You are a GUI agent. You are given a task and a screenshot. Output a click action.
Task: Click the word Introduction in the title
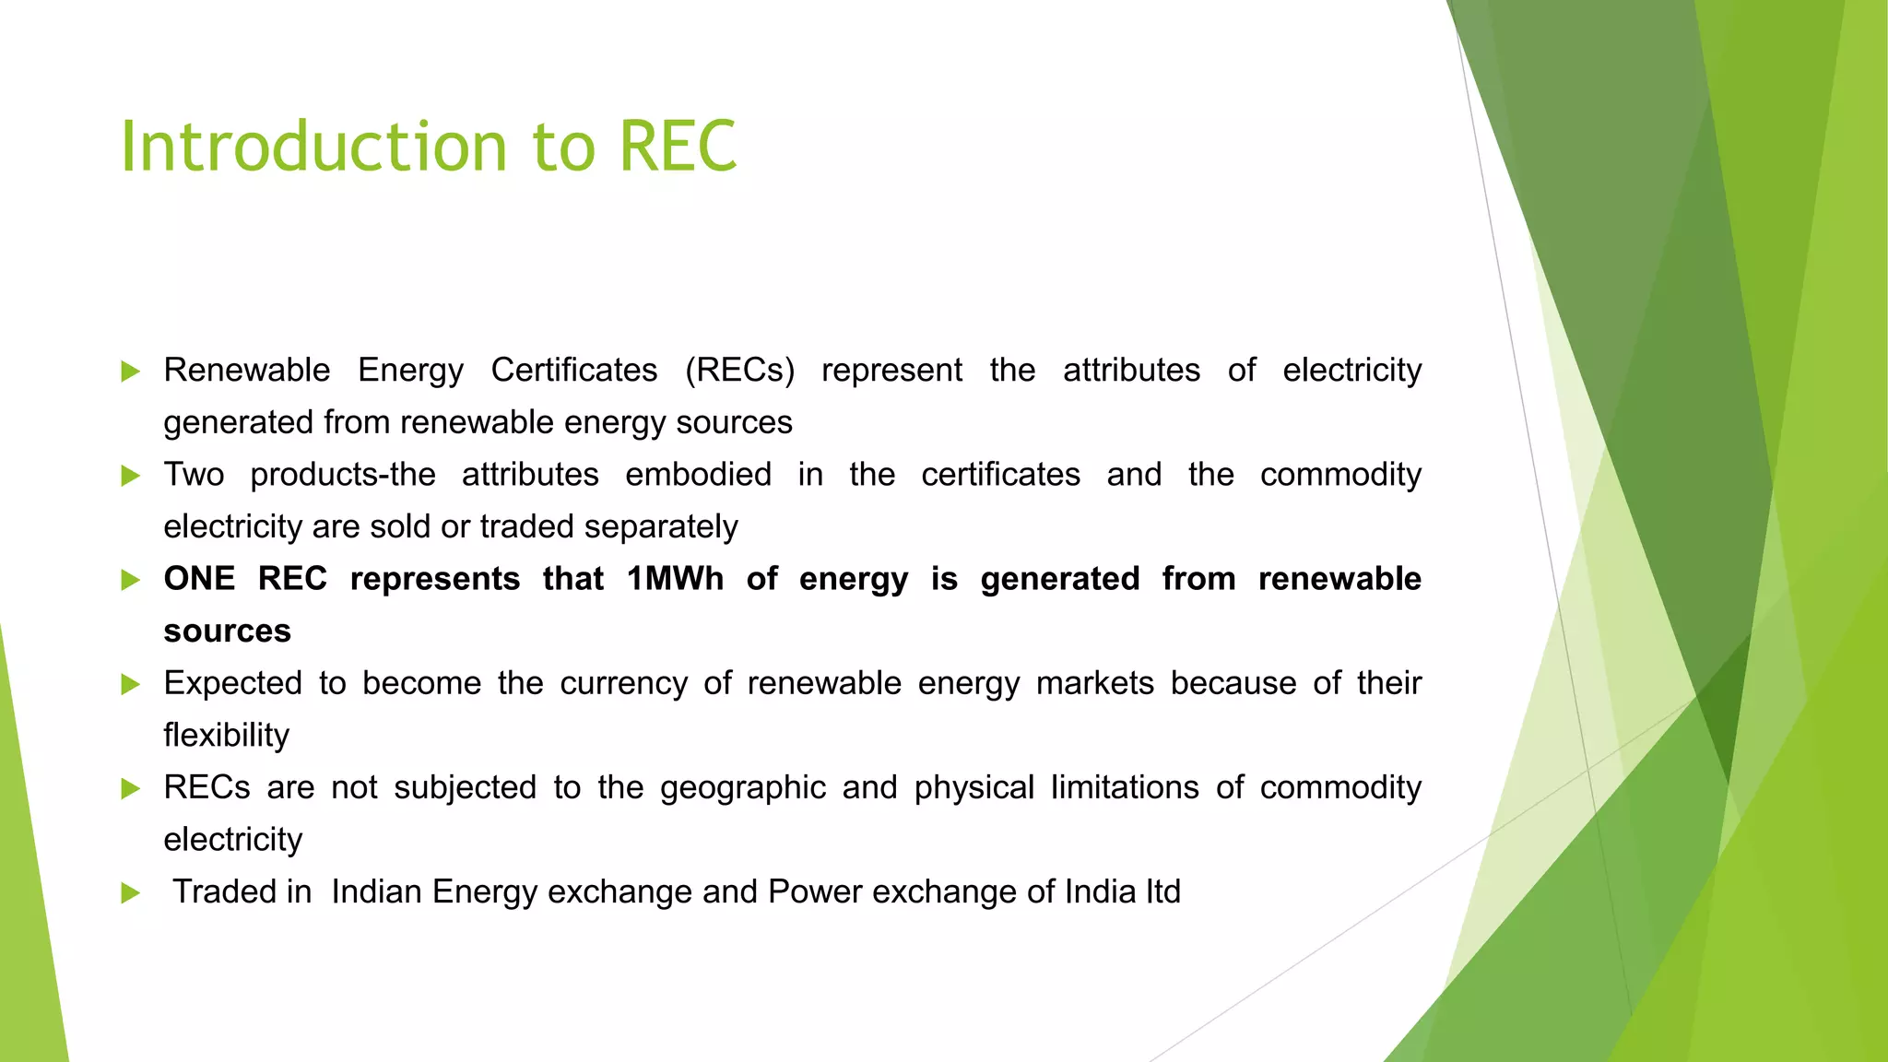pos(313,147)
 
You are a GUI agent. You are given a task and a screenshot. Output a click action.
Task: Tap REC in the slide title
pos(678,147)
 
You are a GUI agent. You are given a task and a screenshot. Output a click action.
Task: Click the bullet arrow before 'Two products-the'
pos(131,476)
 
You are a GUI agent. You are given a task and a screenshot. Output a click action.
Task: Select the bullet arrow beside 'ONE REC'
pos(131,580)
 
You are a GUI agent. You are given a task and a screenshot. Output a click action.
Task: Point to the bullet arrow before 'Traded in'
pos(131,892)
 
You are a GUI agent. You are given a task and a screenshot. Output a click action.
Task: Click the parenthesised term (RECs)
pos(739,371)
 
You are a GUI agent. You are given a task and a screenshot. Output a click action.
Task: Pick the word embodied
pos(698,475)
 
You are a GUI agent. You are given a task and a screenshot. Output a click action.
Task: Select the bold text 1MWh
pos(675,579)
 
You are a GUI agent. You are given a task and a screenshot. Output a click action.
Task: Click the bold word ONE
pos(199,579)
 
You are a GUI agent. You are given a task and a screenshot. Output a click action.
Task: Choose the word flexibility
pos(226,736)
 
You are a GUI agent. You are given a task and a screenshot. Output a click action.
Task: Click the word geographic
pos(742,788)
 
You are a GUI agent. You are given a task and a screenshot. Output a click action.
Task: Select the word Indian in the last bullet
pos(376,891)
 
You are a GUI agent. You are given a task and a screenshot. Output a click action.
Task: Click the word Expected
pos(232,684)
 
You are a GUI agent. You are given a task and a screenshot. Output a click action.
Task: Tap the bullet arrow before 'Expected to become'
pos(131,684)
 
